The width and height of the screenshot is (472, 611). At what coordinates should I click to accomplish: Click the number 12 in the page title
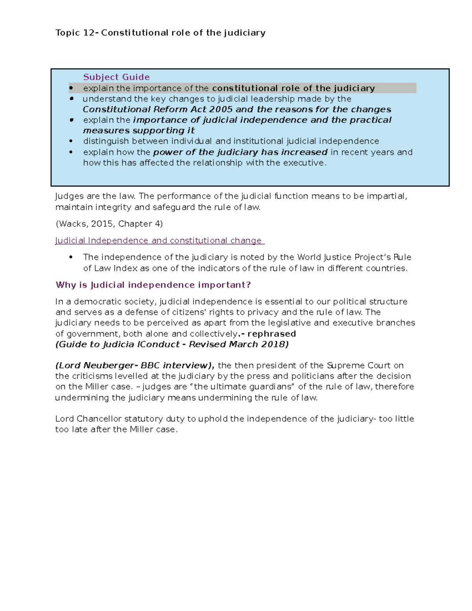pyautogui.click(x=88, y=33)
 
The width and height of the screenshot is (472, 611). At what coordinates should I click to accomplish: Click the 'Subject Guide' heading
pyautogui.click(x=116, y=77)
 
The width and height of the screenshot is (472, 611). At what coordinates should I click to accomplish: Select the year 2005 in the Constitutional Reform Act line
pyautogui.click(x=221, y=109)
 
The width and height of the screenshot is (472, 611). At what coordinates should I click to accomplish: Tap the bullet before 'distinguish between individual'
pyautogui.click(x=71, y=141)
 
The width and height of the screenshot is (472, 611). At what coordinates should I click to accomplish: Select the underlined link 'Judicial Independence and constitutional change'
pyautogui.click(x=160, y=240)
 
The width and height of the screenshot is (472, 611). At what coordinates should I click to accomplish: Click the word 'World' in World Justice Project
pyautogui.click(x=309, y=257)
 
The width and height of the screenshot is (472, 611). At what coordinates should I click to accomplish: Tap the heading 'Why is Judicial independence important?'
pyautogui.click(x=153, y=285)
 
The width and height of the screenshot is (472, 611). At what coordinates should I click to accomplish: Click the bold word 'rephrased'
pyautogui.click(x=271, y=334)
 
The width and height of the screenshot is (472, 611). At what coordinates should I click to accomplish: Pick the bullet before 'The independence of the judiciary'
pyautogui.click(x=71, y=257)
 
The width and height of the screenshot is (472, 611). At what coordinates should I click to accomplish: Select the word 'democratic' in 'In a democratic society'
pyautogui.click(x=98, y=302)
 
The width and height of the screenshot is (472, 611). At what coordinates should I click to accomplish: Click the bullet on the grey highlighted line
pyautogui.click(x=71, y=88)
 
